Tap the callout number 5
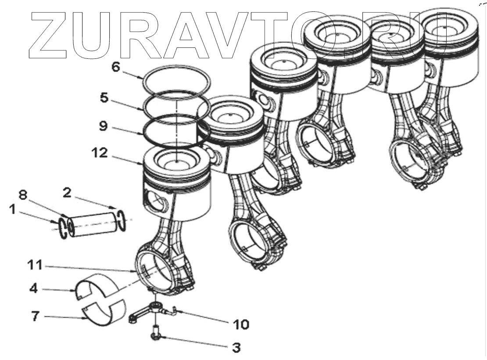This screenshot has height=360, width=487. coord(104,97)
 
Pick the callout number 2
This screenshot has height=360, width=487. coord(67,192)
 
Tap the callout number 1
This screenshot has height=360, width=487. coord(13,211)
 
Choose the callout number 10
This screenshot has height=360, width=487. coord(240,324)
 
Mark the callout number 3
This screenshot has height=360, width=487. coord(236,348)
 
